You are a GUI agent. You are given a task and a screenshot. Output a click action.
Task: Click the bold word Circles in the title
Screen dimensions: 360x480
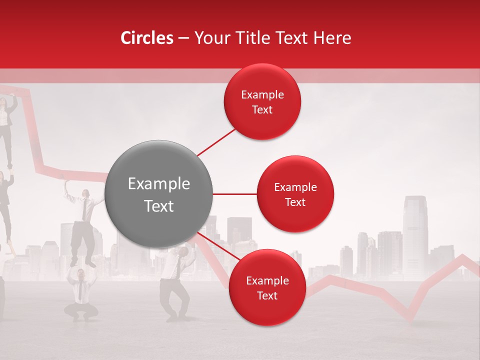coord(147,38)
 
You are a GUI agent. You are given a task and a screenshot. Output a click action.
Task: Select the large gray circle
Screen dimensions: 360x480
coord(158,194)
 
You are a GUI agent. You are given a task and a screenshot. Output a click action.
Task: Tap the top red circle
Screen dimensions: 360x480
coord(262,102)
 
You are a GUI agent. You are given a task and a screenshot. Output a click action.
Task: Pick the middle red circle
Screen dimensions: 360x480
coord(295,194)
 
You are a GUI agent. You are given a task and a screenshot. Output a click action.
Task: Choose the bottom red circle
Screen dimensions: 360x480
coord(267,287)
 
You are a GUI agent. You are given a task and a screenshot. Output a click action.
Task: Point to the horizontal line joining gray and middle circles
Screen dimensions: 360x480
coord(234,194)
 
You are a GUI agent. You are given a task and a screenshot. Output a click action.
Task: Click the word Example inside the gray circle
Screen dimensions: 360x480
coord(159,184)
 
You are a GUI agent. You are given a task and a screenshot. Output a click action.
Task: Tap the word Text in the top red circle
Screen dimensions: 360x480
coord(262,110)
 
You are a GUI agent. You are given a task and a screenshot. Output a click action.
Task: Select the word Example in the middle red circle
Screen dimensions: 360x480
coord(295,187)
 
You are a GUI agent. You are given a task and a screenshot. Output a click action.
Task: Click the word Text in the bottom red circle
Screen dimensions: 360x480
coord(267,295)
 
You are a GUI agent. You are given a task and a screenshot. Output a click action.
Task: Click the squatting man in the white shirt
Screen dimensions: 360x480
coord(80,295)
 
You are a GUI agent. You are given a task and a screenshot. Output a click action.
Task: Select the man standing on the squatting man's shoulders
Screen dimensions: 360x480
coord(83,225)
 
